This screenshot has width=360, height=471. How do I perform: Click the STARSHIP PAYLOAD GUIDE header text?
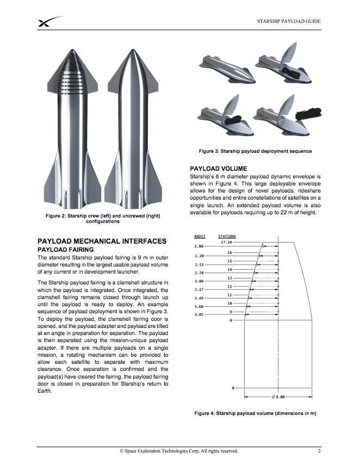click(x=289, y=21)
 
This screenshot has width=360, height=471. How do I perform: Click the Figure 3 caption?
click(x=256, y=151)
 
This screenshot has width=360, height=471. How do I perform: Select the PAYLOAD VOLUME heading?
click(x=218, y=169)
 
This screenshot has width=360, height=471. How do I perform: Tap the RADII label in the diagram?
click(x=200, y=237)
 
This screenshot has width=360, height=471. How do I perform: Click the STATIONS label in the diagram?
click(x=227, y=237)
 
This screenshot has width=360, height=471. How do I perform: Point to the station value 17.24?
click(x=227, y=242)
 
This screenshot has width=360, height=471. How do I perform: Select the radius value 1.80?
click(x=199, y=247)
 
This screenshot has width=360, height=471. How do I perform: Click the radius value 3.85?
click(x=199, y=315)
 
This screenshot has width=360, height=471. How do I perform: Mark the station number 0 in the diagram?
click(x=233, y=388)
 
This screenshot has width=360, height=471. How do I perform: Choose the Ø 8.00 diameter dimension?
click(x=278, y=397)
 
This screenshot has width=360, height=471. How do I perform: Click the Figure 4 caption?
click(x=255, y=413)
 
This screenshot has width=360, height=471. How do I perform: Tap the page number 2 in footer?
click(x=319, y=451)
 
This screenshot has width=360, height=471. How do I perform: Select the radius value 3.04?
click(x=199, y=281)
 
